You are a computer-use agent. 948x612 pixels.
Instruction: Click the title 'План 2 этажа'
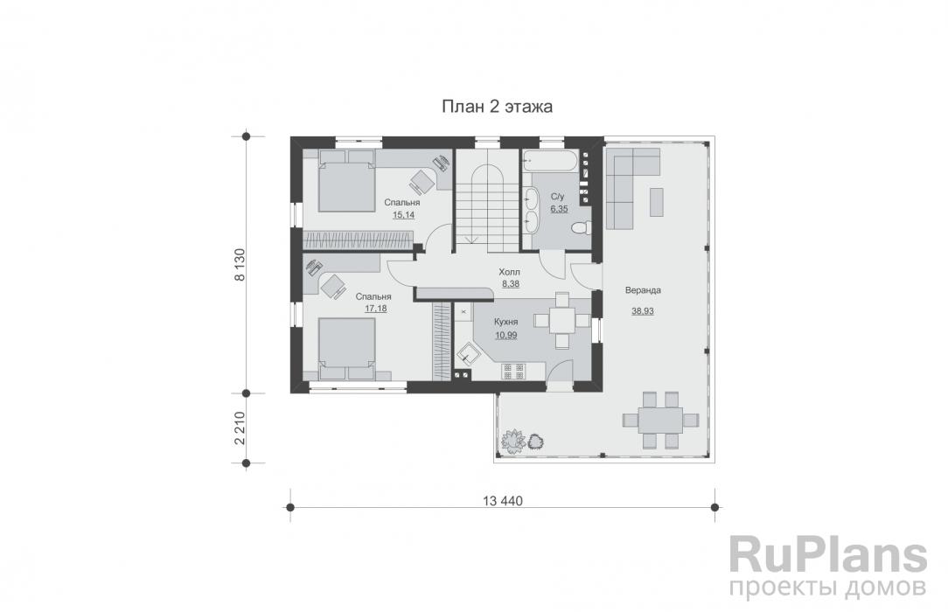click(x=497, y=107)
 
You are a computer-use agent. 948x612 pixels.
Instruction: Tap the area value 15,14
click(x=403, y=214)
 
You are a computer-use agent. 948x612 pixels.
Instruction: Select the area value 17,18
click(x=375, y=308)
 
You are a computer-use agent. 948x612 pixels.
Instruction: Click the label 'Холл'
click(x=509, y=272)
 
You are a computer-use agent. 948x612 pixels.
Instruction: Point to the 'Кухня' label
click(x=506, y=322)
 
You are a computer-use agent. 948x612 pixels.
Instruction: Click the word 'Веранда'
click(x=643, y=290)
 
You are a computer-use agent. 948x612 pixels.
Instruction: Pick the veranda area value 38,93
click(x=643, y=311)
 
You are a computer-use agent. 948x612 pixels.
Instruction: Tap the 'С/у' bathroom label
click(x=557, y=197)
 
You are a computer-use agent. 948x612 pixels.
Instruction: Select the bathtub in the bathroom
click(x=550, y=161)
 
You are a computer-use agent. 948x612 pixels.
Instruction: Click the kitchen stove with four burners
click(x=512, y=371)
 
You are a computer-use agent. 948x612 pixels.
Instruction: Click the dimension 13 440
click(x=502, y=501)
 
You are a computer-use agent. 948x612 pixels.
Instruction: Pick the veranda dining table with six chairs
click(x=660, y=420)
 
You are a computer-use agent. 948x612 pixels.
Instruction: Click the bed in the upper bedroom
click(x=346, y=181)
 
